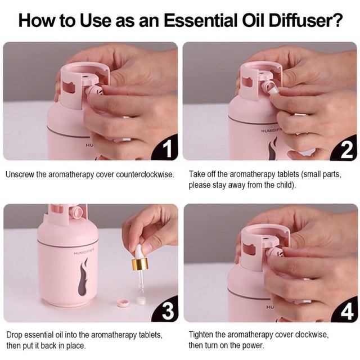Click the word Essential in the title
[x=200, y=20]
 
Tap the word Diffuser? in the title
[x=306, y=20]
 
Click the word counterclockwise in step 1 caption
[x=145, y=174]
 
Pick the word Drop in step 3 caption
[x=15, y=335]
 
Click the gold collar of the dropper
[x=140, y=264]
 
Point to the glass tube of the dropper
[x=141, y=281]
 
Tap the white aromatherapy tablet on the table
[x=141, y=300]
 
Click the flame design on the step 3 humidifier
[x=83, y=277]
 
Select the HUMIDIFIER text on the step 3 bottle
[x=84, y=252]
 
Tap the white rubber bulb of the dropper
[x=139, y=251]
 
